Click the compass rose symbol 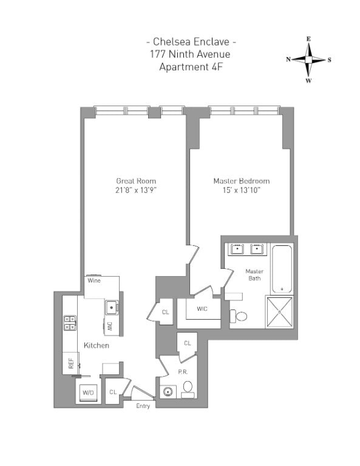(308, 59)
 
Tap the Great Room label (136, 181)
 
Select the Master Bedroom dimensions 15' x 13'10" (241, 191)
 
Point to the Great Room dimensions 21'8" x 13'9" (136, 191)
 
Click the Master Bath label (254, 274)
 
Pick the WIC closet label (203, 309)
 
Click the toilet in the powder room (188, 387)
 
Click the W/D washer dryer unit (87, 393)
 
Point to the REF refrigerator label (71, 363)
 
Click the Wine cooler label (93, 281)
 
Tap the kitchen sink (111, 308)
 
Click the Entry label (143, 406)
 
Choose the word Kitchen (97, 345)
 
